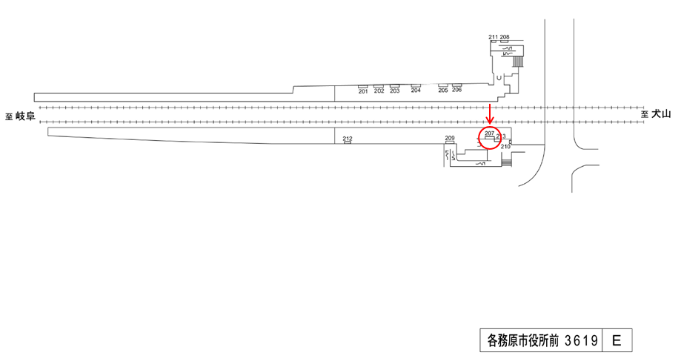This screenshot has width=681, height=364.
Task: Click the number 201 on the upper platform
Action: pyautogui.click(x=363, y=91)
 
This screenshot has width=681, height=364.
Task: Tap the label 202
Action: pyautogui.click(x=379, y=91)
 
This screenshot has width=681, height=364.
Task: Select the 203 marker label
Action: pyautogui.click(x=394, y=91)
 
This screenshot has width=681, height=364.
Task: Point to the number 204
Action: pyautogui.click(x=416, y=91)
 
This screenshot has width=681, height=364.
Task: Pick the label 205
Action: pyautogui.click(x=443, y=90)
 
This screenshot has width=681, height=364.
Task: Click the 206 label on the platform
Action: pyautogui.click(x=456, y=90)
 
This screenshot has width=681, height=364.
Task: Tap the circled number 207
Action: pyautogui.click(x=489, y=133)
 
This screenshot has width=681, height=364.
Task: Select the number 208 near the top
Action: pyautogui.click(x=505, y=37)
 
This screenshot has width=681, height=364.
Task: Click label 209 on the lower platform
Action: pyautogui.click(x=449, y=139)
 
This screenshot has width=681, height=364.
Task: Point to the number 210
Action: pyautogui.click(x=505, y=147)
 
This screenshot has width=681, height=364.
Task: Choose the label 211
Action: pyautogui.click(x=494, y=37)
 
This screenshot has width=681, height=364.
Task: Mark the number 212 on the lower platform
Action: pyautogui.click(x=348, y=138)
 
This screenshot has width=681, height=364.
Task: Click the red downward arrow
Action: pyautogui.click(x=489, y=115)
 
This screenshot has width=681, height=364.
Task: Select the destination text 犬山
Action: pyautogui.click(x=661, y=114)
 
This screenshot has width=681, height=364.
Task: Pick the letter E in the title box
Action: pyautogui.click(x=617, y=341)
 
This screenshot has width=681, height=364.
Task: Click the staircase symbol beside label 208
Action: pyautogui.click(x=518, y=56)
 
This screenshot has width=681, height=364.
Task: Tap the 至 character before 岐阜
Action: pyautogui.click(x=9, y=116)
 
